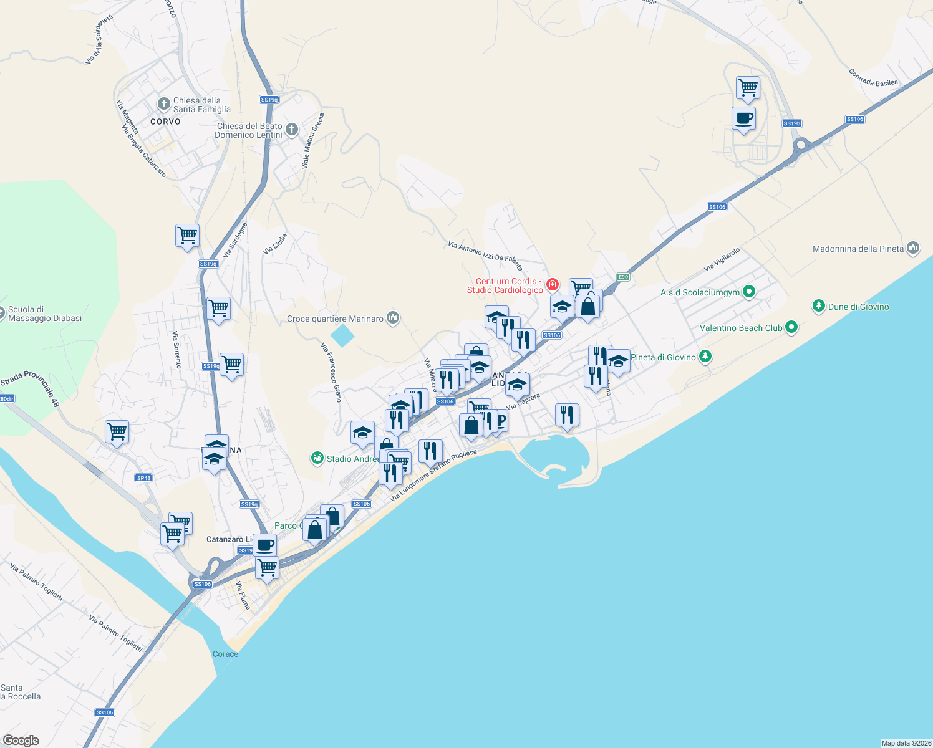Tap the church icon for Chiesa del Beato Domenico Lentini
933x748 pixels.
pyautogui.click(x=291, y=130)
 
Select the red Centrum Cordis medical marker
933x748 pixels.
pyautogui.click(x=552, y=285)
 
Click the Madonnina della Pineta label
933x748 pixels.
pyautogui.click(x=858, y=249)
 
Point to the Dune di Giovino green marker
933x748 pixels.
pyautogui.click(x=818, y=306)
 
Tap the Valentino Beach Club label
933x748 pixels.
pyautogui.click(x=740, y=328)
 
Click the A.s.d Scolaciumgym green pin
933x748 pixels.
pyautogui.click(x=750, y=291)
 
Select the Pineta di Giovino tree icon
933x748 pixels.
pyautogui.click(x=705, y=357)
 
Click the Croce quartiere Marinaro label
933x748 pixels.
pyautogui.click(x=335, y=319)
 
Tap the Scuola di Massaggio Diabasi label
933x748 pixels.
pyautogui.click(x=44, y=314)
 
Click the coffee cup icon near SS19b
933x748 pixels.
pyautogui.click(x=743, y=118)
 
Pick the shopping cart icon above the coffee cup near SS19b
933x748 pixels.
pyautogui.click(x=747, y=88)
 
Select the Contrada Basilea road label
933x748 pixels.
pyautogui.click(x=873, y=78)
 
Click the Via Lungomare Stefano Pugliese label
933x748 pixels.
pyautogui.click(x=433, y=476)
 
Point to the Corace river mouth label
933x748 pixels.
pyautogui.click(x=225, y=654)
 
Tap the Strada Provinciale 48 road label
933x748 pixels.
pyautogui.click(x=31, y=388)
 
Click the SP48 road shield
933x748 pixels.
pyautogui.click(x=143, y=478)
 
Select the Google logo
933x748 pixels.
pyautogui.click(x=21, y=741)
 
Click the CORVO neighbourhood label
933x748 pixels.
pyautogui.click(x=165, y=122)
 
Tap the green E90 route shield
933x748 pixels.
pyautogui.click(x=622, y=277)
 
